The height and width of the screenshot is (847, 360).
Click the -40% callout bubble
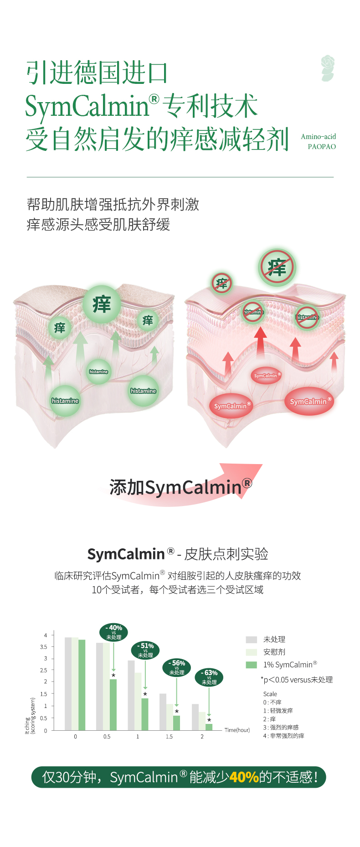(x=113, y=632)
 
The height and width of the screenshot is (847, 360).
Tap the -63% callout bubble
(x=209, y=677)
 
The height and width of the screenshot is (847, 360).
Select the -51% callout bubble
(x=145, y=650)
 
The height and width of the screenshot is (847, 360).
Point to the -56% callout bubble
(x=177, y=667)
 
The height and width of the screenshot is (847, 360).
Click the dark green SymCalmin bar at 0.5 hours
(x=113, y=705)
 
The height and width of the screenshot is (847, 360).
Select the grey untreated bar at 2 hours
(x=195, y=717)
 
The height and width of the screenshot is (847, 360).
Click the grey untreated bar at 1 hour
(x=131, y=695)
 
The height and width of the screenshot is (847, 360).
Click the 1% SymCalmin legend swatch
(x=252, y=665)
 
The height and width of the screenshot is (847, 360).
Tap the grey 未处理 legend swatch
(x=252, y=640)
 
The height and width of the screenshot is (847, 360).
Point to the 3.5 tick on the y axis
(x=44, y=647)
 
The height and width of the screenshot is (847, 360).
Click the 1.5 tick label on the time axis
(x=169, y=737)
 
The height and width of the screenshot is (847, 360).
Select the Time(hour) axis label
(x=237, y=730)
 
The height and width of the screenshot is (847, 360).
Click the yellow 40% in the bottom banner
(x=244, y=777)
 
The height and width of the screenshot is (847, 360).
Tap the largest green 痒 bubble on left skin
(x=102, y=304)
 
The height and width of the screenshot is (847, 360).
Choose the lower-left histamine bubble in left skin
(x=65, y=401)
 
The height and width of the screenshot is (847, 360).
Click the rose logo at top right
(x=328, y=68)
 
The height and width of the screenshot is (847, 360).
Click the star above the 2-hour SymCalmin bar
(x=209, y=720)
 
